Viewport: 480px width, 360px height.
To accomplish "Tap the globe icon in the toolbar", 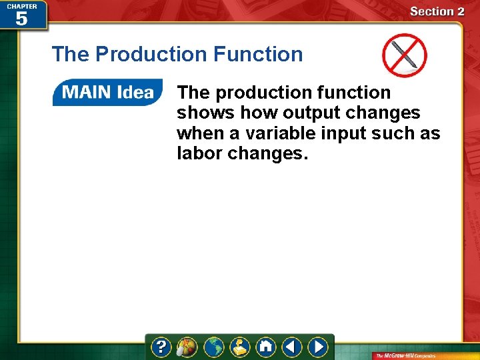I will [213, 347].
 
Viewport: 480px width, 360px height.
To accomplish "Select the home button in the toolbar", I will [266, 347].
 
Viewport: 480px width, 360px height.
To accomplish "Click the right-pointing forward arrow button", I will [318, 347].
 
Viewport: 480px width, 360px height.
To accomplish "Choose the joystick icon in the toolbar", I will [240, 347].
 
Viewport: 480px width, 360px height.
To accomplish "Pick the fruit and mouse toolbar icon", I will [187, 347].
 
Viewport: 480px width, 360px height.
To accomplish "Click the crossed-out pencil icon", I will [404, 55].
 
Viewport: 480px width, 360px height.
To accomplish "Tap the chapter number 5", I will [21, 19].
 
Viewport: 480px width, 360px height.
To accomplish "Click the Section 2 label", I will [437, 11].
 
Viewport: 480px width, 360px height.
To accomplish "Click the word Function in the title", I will [261, 54].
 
